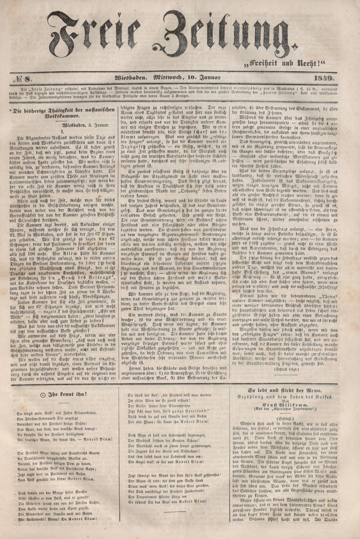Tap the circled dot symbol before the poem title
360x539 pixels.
click(43, 395)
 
